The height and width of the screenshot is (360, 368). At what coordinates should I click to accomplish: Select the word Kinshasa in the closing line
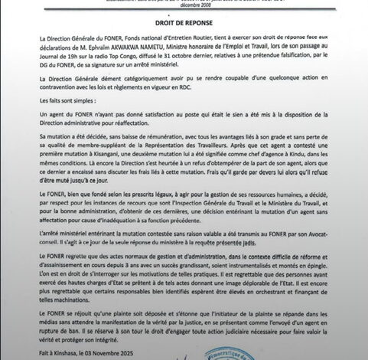[57, 350]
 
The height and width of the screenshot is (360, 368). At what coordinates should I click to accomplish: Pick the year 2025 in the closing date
[117, 350]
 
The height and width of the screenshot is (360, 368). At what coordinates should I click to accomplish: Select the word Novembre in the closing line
[95, 350]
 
